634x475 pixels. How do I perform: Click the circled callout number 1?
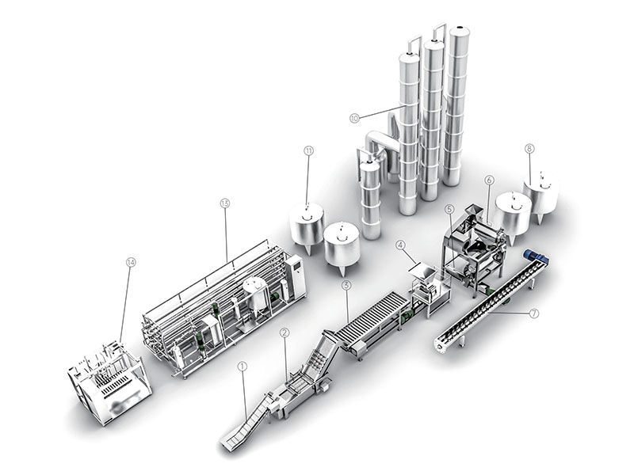243,367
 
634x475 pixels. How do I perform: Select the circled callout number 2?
285,332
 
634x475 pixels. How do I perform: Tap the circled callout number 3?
346,286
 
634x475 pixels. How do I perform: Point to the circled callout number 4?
400,245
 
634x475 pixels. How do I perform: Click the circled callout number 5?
449,209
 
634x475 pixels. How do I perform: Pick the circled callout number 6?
489,180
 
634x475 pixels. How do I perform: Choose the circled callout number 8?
529,148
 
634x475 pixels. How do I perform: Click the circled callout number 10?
354,118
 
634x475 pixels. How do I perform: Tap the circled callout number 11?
308,151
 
